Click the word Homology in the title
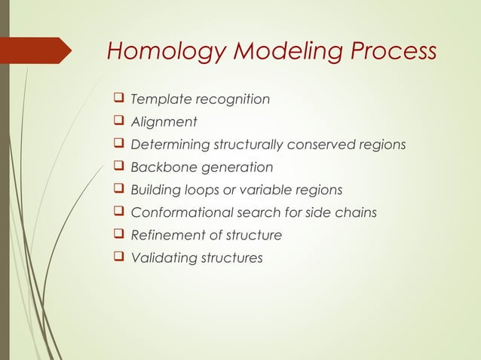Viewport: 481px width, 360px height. click(156, 52)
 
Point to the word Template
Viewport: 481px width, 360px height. click(160, 99)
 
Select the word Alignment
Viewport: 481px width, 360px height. click(164, 122)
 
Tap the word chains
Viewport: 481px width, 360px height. click(357, 212)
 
